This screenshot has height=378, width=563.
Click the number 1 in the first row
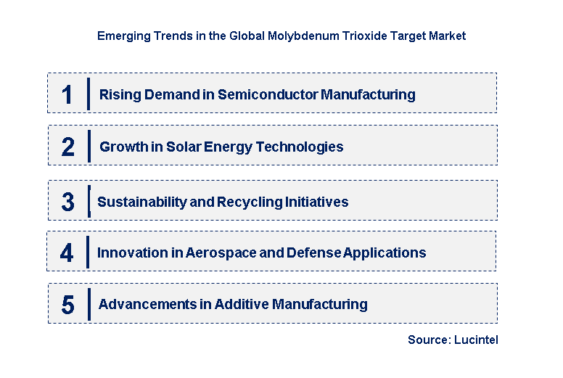(x=67, y=94)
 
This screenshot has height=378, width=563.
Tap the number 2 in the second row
(x=67, y=147)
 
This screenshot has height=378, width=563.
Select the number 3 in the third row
(x=67, y=202)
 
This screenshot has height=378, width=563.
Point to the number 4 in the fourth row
(x=67, y=253)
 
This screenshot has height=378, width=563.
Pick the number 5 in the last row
(x=67, y=305)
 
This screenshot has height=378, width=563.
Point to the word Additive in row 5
(x=239, y=304)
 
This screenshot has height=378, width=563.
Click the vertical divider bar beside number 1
(x=88, y=94)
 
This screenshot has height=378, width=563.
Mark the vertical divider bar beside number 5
(x=89, y=304)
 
